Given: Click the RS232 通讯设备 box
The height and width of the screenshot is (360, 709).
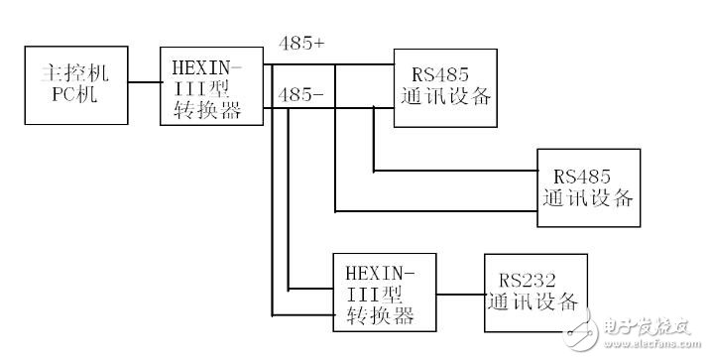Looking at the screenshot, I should [x=534, y=293].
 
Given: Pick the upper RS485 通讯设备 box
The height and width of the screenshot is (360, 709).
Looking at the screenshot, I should [x=445, y=87].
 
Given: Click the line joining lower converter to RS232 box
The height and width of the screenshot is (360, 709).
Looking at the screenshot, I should [x=459, y=294].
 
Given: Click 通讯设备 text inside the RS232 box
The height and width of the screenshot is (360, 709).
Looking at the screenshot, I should [x=533, y=302].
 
